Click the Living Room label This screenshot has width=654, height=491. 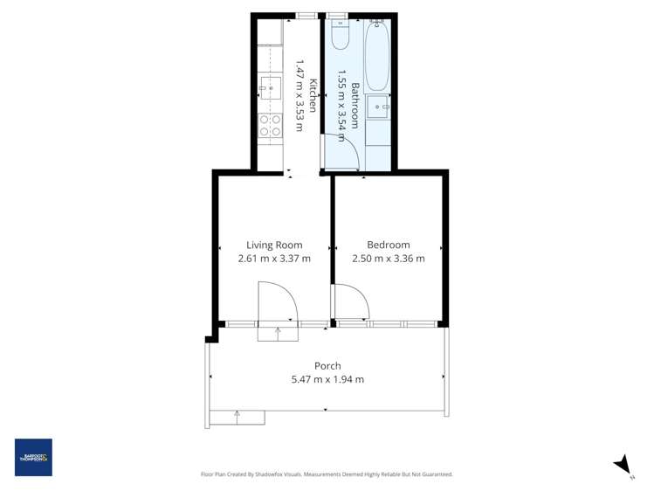pos(273,245)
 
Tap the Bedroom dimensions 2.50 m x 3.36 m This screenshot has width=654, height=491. pos(388,259)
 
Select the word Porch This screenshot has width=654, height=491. pos(327,366)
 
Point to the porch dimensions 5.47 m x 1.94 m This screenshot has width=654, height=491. pos(327,379)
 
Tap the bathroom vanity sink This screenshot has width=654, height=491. pos(378,109)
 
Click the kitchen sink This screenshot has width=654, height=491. pos(269,87)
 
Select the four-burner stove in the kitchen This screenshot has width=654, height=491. pos(270,125)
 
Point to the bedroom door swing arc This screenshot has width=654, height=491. pos(353,302)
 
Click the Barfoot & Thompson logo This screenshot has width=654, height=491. pos(33,457)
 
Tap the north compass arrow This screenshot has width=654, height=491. pos(623,465)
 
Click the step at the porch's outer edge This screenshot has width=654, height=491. pos(237,418)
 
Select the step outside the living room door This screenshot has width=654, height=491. pos(278,332)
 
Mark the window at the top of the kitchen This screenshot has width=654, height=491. pos(306,15)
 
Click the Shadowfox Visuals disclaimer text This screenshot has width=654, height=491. pos(327,474)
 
